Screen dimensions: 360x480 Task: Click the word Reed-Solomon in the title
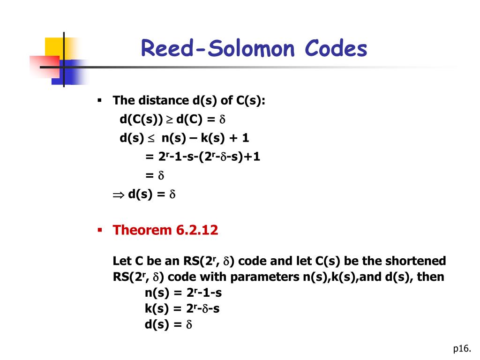[218, 49]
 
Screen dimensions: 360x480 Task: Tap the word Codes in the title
[336, 49]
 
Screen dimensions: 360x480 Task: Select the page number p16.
[461, 348]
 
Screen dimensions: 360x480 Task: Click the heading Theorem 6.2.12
[165, 230]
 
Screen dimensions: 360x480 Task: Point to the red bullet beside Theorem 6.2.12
[99, 230]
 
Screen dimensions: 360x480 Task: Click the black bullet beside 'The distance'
[99, 100]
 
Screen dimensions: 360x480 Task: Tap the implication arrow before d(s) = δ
[117, 195]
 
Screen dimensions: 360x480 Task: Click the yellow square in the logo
[54, 47]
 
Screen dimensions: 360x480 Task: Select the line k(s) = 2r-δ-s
[182, 309]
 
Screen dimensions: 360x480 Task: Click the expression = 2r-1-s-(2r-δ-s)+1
[202, 157]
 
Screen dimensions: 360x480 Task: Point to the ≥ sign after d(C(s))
[169, 120]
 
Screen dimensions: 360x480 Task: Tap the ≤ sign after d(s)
[151, 139]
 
